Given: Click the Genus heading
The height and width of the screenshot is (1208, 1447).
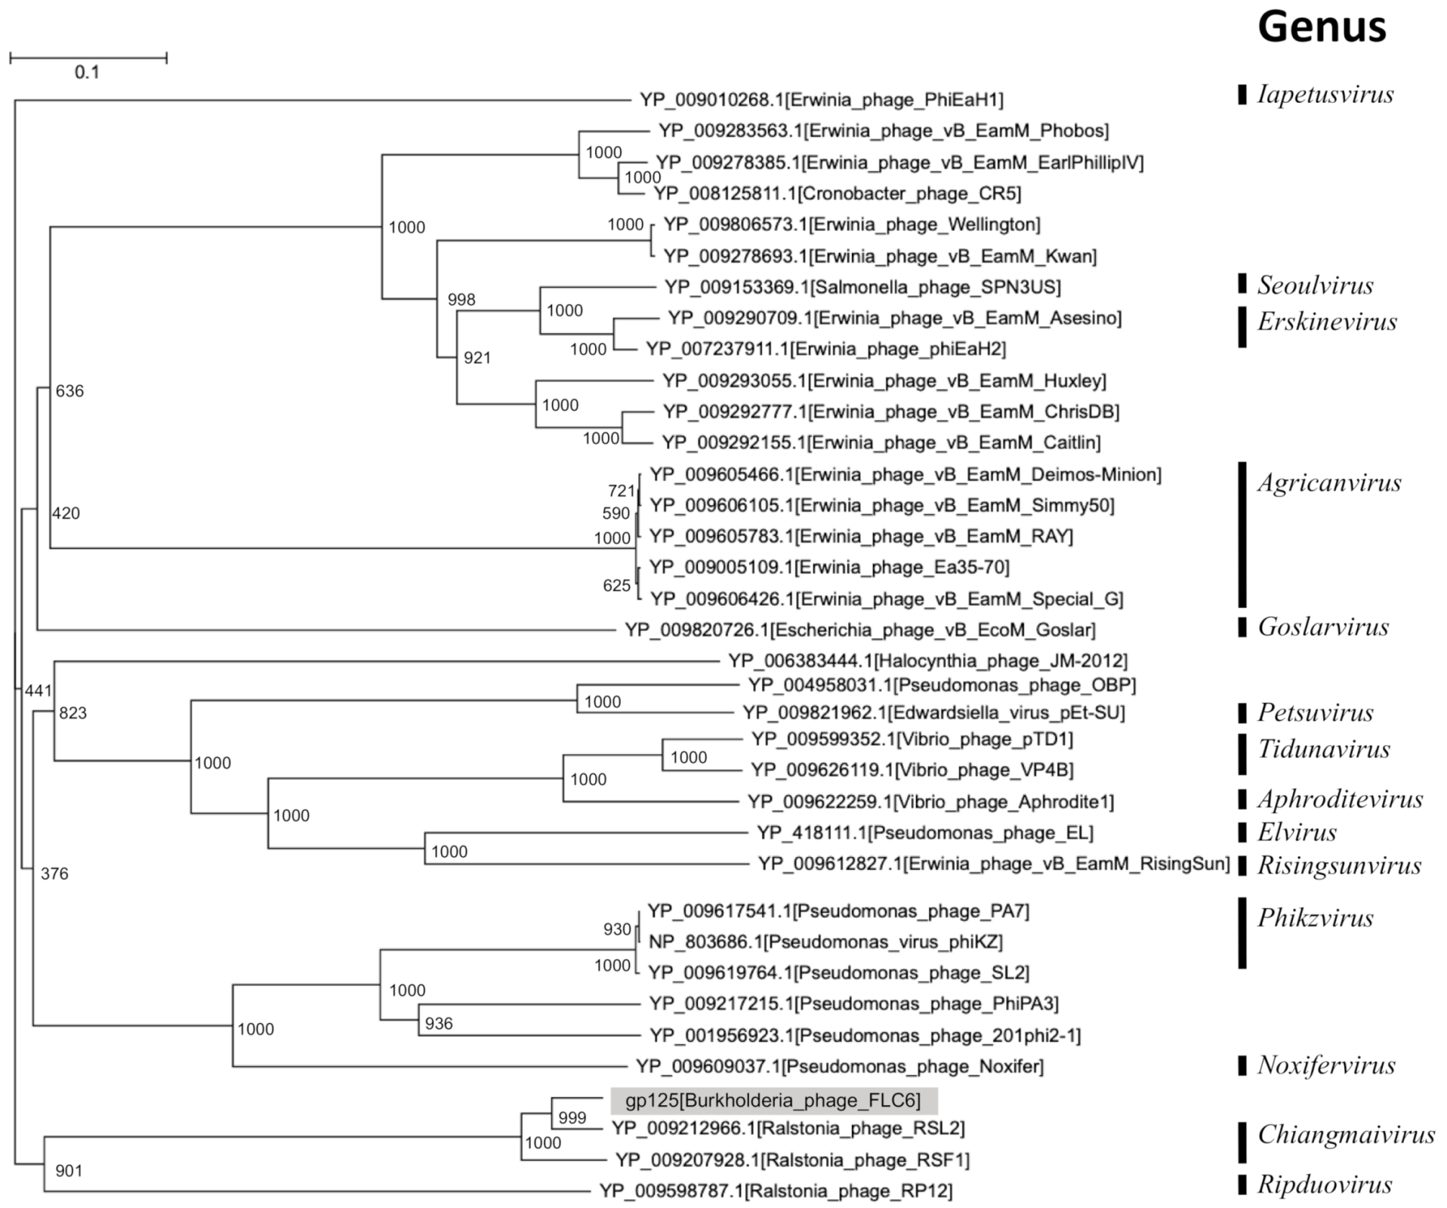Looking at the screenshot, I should coord(1322,28).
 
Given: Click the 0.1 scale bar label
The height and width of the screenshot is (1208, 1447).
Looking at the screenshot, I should coord(87,72).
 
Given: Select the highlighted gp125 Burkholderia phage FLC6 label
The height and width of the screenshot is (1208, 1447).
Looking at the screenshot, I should coord(773,1101).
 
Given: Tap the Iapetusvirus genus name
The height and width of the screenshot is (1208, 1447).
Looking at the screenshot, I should coord(1325,94).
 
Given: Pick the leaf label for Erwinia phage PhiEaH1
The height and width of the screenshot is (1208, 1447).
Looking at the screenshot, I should coord(822,100).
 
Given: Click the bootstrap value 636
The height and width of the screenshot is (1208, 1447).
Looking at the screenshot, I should coord(69,391).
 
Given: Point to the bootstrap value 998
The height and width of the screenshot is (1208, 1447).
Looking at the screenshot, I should coord(461,300).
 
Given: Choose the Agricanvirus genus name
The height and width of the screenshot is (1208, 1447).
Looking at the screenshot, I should coord(1329,482).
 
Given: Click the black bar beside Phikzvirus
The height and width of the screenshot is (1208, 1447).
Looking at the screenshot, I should coord(1242,933).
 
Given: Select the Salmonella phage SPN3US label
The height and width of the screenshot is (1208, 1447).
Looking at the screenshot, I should coord(862,287).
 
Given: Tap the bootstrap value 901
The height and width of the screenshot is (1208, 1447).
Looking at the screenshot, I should coord(69,1171).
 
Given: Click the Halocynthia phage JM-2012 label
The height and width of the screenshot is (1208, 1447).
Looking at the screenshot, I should coord(927,661).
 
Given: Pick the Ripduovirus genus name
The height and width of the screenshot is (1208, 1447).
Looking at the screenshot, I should coord(1324,1184).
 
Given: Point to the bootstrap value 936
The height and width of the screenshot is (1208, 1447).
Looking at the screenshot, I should coord(439,1024).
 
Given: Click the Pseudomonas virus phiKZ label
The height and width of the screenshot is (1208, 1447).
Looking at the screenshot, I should coord(825,941).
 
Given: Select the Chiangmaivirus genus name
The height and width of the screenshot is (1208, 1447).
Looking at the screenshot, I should coord(1346,1135).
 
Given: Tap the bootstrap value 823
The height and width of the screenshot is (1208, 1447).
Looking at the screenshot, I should coord(73,713).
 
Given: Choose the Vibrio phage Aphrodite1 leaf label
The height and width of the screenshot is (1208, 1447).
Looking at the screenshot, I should coord(930,802).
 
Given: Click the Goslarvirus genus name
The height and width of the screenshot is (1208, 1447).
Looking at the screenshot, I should coord(1323,627).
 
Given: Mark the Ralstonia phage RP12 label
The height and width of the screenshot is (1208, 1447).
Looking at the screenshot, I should coord(776,1191).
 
